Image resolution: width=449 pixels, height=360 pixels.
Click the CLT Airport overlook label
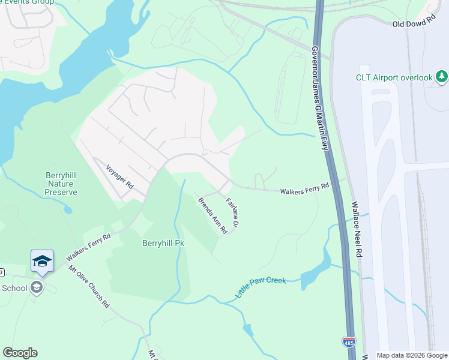(394, 77)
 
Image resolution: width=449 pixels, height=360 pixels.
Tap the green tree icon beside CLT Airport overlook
(442, 77)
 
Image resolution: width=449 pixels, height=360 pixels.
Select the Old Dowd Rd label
(414, 23)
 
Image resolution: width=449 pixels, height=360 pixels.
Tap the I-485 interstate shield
(349, 342)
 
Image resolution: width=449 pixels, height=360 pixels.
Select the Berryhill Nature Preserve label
(61, 183)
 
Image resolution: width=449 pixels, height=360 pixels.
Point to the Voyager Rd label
(119, 178)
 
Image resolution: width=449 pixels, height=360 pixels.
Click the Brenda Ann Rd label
(213, 215)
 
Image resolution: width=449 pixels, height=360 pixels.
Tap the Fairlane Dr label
(233, 212)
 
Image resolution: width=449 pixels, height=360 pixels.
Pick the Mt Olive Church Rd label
(88, 287)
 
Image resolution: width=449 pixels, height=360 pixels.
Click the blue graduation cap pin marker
(42, 261)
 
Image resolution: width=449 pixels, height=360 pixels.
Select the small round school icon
(37, 288)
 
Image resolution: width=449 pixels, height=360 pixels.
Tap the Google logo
(20, 353)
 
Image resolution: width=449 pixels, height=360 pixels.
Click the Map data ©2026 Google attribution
(411, 355)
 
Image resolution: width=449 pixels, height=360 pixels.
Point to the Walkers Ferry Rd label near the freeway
(304, 188)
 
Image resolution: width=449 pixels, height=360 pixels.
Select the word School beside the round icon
(14, 288)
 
